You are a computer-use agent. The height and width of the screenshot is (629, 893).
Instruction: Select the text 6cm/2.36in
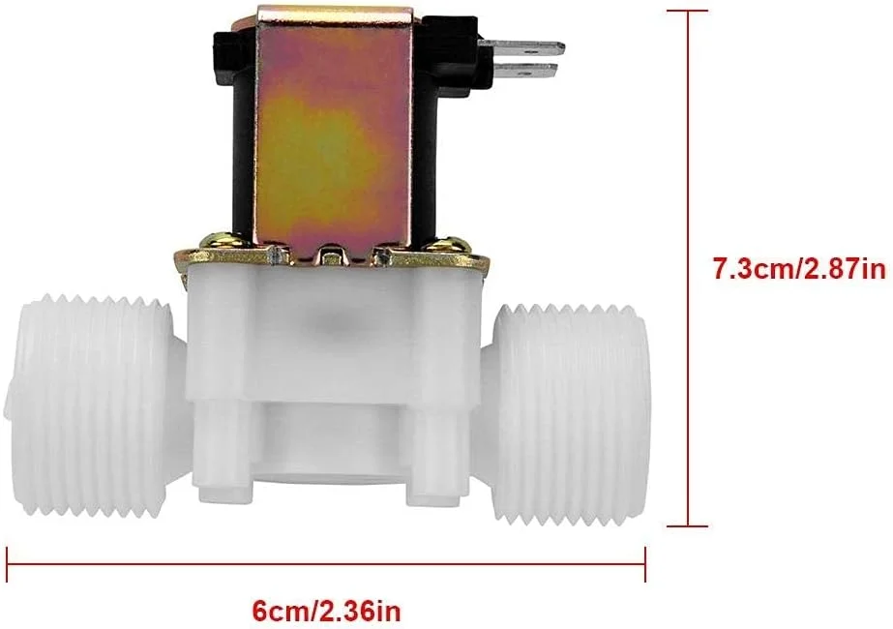(x=326, y=612)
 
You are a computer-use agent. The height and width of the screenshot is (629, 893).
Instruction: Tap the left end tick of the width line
(x=9, y=558)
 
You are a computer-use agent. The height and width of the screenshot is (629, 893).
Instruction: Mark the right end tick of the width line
(x=644, y=558)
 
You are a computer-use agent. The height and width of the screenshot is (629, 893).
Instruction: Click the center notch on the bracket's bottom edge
(x=330, y=257)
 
